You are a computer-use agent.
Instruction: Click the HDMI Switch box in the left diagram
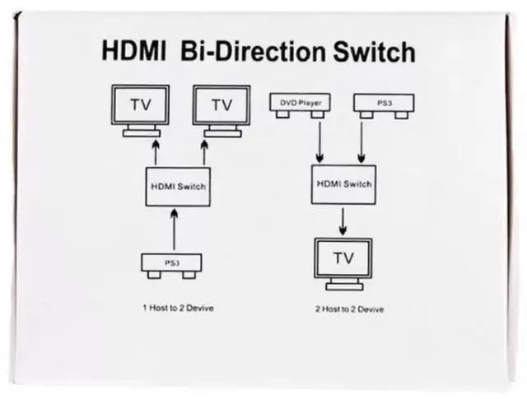point(177,186)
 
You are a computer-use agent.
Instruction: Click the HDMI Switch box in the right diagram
point(342,184)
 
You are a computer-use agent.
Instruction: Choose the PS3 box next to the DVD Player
point(383,104)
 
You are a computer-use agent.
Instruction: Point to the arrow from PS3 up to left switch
point(174,230)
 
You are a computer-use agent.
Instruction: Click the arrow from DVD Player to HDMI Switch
point(319,140)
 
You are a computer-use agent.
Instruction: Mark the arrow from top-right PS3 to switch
point(361,140)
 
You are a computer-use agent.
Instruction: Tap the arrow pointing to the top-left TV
point(153,153)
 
